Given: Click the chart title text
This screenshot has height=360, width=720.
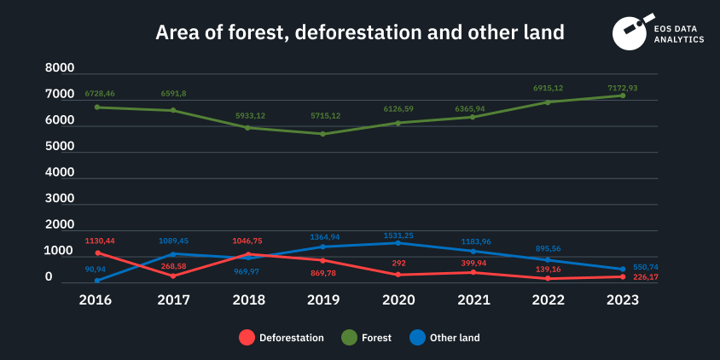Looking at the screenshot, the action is point(359,32).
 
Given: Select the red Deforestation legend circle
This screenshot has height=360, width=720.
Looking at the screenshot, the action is point(247,338).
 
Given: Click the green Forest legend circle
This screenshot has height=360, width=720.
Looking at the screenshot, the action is point(350,338).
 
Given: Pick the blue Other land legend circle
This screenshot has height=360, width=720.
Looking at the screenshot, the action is point(417,338).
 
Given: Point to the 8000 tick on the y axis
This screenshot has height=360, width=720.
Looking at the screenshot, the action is point(60,68).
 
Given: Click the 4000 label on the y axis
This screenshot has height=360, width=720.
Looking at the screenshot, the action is point(60,172).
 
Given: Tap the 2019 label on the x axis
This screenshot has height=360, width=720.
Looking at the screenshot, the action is point(324,300).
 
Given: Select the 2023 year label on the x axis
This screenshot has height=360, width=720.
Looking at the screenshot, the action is point(623,300).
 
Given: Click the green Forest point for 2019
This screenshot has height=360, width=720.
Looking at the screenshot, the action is point(322,134).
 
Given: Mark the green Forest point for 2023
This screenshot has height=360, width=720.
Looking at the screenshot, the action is point(623,96).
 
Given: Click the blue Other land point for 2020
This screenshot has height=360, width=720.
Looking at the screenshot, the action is point(398,243).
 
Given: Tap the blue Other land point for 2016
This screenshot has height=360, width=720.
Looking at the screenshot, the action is point(97,280).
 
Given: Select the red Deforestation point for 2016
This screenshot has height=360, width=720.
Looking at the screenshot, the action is point(98,253).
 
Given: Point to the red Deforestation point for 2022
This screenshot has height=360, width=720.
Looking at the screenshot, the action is point(548,278).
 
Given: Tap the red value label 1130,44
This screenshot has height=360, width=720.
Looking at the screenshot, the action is point(99,241).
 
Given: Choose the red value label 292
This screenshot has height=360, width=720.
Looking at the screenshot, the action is point(398,264).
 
